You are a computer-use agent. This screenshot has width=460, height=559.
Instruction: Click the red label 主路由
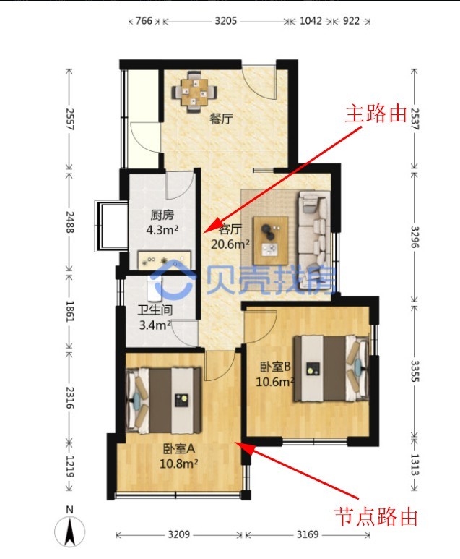point(376,114)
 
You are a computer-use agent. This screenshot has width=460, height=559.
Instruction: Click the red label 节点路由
point(376,516)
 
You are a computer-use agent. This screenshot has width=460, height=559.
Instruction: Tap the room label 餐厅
point(220,119)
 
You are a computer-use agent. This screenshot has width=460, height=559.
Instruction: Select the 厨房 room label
point(162,215)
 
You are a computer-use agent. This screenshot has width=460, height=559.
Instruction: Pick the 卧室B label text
point(275,366)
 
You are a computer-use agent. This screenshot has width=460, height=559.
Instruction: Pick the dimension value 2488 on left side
point(69,220)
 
